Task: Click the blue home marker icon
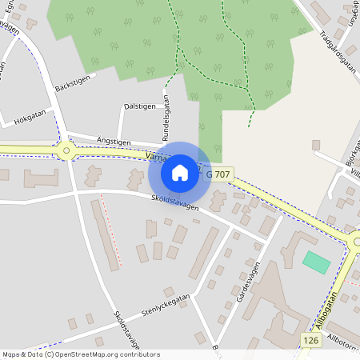[180, 172]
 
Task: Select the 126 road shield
[312, 341]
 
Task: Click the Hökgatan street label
[30, 117]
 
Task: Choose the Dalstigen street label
[139, 106]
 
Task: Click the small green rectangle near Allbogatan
[316, 262]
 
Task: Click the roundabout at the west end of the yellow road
[66, 150]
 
